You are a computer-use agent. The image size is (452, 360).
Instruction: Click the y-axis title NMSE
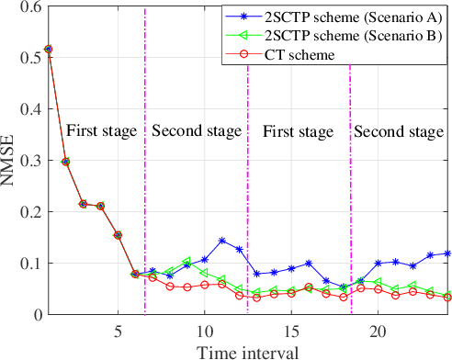tap(9, 160)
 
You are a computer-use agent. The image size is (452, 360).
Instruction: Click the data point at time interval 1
tap(49, 49)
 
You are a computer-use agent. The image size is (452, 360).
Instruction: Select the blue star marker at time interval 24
tap(446, 253)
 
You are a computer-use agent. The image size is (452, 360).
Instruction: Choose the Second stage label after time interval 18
tap(398, 130)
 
